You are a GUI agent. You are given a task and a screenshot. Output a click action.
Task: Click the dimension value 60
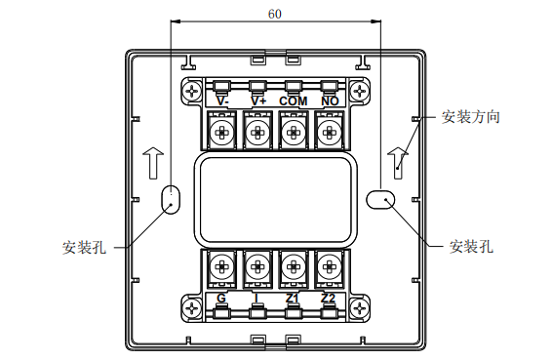(275, 14)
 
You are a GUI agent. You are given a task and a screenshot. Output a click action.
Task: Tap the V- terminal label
(222, 101)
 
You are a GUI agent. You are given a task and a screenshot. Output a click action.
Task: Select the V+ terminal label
(258, 101)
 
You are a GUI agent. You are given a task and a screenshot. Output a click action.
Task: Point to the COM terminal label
(294, 101)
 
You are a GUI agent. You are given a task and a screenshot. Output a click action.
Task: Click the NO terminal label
(330, 101)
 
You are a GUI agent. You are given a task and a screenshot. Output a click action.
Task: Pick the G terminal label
(221, 299)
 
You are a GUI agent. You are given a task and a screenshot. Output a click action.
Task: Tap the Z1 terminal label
(293, 299)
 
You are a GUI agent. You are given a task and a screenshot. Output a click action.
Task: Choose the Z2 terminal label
(328, 299)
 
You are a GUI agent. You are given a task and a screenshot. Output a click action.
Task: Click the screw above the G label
(221, 267)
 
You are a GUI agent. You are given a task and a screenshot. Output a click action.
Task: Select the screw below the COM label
(294, 133)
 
